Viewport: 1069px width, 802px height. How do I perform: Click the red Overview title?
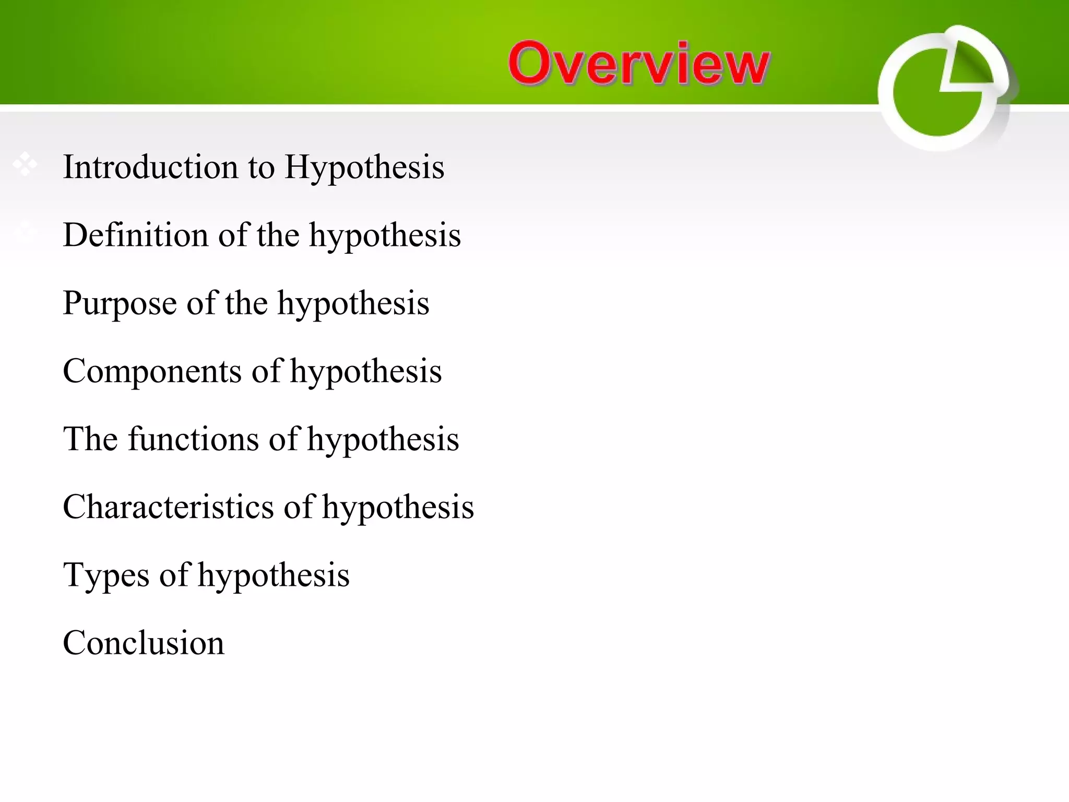638,63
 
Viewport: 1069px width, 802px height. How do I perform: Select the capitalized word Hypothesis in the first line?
364,167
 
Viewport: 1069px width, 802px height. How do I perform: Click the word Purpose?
120,303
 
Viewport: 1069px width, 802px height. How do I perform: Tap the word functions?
194,439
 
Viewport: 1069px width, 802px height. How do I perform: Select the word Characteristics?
168,507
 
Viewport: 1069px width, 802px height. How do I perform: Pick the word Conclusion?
144,643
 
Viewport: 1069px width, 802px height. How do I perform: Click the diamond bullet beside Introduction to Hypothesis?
25,164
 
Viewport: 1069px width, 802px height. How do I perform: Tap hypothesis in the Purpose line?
353,303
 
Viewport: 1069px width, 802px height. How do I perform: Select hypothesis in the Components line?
366,371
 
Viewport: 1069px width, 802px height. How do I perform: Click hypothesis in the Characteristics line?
398,507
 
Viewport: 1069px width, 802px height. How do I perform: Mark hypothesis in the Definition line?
385,235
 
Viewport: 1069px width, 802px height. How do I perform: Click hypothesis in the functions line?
383,439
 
